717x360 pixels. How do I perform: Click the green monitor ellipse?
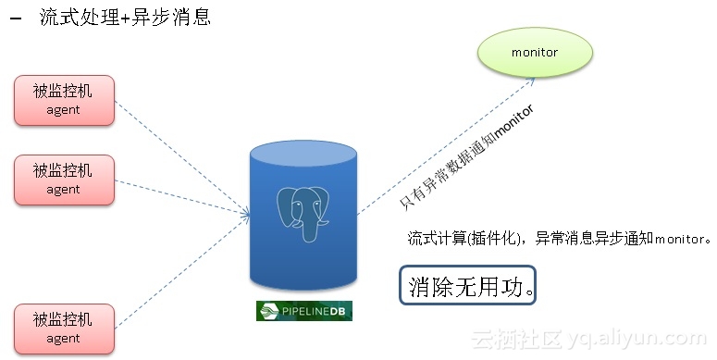(535, 52)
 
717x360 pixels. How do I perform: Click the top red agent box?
(64, 100)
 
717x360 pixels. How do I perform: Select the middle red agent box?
(64, 180)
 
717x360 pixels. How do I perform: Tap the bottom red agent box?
(64, 328)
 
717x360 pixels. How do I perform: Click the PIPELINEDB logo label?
(303, 311)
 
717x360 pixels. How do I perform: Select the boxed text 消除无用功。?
(470, 286)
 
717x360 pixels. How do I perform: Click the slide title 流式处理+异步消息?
(126, 18)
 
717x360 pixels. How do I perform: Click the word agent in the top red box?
(64, 110)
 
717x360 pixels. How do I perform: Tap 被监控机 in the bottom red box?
(64, 319)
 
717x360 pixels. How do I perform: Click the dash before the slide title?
(16, 19)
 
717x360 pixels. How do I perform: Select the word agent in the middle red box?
(64, 190)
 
